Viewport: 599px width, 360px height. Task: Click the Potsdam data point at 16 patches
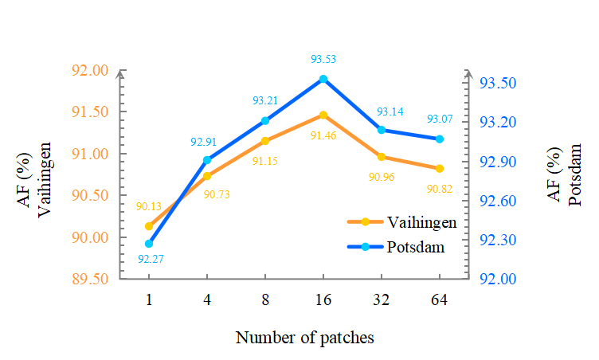(323, 79)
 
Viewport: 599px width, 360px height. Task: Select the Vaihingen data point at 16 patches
(323, 115)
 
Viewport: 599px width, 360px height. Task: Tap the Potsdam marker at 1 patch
(149, 244)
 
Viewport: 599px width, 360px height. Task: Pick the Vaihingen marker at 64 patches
(440, 169)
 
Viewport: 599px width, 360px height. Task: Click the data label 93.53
(323, 59)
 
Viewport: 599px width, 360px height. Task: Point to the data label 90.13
(149, 207)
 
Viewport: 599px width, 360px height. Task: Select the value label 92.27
(151, 259)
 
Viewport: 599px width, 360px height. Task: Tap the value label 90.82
(440, 189)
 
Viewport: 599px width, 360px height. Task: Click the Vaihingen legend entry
(402, 222)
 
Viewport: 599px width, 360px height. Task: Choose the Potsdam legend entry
(396, 247)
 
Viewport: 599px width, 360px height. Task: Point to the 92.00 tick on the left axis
(90, 70)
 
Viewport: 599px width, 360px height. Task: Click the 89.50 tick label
(90, 279)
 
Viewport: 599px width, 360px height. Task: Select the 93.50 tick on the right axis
(498, 83)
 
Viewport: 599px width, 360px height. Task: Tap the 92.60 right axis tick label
(498, 201)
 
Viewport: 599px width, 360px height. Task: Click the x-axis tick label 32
(382, 299)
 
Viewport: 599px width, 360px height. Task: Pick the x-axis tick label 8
(265, 299)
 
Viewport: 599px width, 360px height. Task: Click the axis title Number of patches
(305, 338)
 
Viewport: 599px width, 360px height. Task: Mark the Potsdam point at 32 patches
(382, 130)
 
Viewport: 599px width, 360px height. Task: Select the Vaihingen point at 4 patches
(207, 176)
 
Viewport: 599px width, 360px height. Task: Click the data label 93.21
(265, 100)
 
